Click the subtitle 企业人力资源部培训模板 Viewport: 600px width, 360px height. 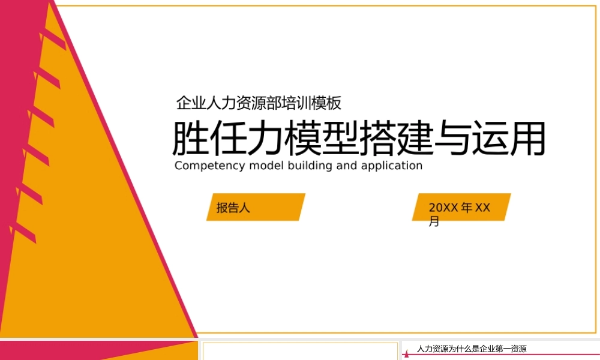coord(259,103)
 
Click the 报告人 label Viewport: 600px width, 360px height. coord(233,208)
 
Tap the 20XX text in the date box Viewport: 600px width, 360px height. coord(443,208)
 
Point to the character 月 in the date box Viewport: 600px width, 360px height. coord(434,222)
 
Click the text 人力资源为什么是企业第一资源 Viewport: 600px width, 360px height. coord(472,349)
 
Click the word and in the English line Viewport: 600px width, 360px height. coord(346,166)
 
